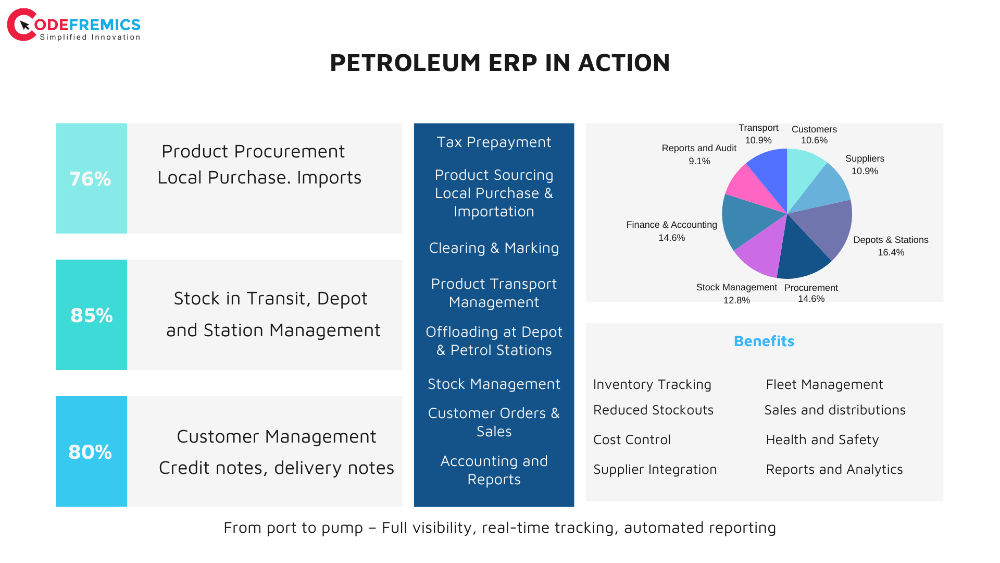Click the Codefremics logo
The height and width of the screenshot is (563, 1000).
point(73,25)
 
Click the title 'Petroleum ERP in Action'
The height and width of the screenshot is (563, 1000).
point(500,63)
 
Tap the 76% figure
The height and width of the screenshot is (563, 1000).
point(91,179)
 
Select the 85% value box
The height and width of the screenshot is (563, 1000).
point(92,315)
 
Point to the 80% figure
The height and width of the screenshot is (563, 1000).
point(90,452)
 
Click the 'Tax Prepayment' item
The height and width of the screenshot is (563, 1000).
point(494,142)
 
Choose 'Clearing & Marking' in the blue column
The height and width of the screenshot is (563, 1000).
point(494,248)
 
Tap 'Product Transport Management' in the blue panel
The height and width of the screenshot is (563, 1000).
point(494,293)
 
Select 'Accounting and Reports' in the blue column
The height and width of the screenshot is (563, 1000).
point(494,470)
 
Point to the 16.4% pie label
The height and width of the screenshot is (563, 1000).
point(891,252)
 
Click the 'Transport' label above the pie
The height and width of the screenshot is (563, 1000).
point(758,128)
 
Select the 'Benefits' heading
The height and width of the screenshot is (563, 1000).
point(764,341)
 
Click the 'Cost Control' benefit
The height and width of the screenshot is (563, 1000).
point(632,440)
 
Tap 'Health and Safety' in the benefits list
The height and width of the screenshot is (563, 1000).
point(822,440)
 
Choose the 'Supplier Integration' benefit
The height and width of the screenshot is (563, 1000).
point(655,470)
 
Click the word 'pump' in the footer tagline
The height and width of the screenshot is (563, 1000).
point(342,529)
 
